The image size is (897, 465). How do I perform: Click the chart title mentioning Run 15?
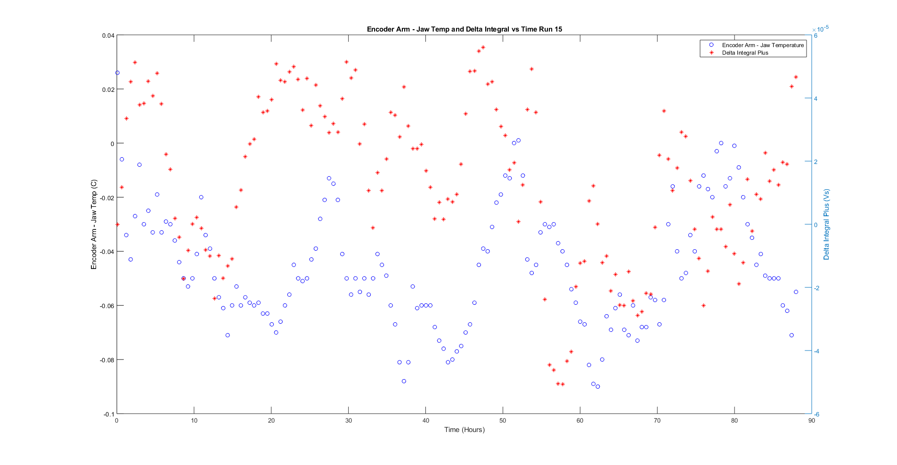click(x=464, y=29)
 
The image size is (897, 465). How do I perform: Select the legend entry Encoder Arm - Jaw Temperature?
click(x=762, y=45)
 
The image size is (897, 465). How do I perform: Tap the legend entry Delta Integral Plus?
click(x=745, y=53)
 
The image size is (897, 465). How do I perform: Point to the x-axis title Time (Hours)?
click(x=464, y=430)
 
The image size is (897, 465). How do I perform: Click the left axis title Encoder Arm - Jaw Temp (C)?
click(x=94, y=225)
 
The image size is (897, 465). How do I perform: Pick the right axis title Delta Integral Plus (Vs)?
click(x=826, y=225)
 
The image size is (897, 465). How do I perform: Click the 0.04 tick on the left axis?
click(x=108, y=36)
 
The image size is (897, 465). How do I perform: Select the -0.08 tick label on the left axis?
click(x=107, y=360)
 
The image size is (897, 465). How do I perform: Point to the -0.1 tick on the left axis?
click(x=109, y=414)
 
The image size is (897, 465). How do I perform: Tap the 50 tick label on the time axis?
click(x=503, y=421)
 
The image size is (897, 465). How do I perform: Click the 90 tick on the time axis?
click(x=811, y=421)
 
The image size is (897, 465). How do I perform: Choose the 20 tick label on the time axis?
click(x=271, y=421)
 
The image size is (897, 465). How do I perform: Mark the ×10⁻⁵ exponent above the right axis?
click(x=822, y=29)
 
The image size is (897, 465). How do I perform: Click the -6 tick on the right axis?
click(x=816, y=415)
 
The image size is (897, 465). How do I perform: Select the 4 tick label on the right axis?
click(x=816, y=99)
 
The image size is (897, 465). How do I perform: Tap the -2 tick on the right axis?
click(x=816, y=288)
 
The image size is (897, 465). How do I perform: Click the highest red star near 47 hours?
click(x=483, y=47)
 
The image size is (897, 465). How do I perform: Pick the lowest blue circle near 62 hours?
click(x=598, y=386)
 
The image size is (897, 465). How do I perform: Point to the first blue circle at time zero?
click(x=117, y=73)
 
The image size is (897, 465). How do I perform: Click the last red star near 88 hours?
click(x=796, y=77)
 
